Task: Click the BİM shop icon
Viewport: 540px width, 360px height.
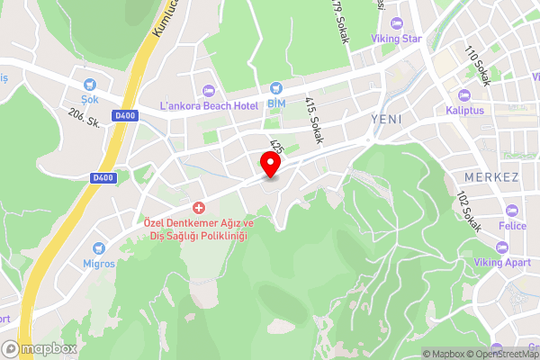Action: [276, 88]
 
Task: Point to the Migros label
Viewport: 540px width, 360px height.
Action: [99, 264]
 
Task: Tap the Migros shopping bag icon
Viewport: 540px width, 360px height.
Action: [99, 247]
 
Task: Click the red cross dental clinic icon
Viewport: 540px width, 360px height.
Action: [198, 207]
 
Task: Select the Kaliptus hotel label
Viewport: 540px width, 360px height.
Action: [464, 111]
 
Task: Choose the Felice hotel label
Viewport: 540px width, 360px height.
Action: [513, 226]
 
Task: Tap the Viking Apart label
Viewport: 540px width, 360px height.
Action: [504, 262]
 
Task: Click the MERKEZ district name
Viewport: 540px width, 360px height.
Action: [492, 177]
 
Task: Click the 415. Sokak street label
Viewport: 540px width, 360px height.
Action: [314, 121]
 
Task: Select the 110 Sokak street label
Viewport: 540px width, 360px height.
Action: [476, 66]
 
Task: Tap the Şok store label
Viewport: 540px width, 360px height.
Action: [89, 99]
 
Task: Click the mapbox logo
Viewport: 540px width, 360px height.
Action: [38, 348]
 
